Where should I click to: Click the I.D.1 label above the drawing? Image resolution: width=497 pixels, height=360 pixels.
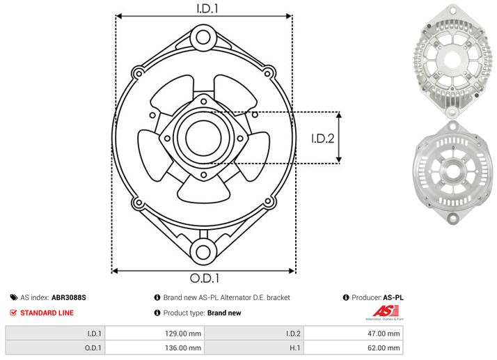point(207,8)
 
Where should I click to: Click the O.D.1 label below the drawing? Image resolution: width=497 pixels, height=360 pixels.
point(205,278)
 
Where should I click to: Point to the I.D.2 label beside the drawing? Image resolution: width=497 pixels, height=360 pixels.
point(323,139)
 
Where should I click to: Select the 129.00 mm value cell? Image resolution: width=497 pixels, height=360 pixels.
point(155,334)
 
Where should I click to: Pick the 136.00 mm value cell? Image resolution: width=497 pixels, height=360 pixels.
point(155,347)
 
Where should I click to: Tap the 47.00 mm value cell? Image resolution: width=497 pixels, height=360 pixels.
point(354,334)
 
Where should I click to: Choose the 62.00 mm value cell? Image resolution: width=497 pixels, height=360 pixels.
point(354,347)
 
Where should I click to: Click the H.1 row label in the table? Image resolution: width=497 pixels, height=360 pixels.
point(294,348)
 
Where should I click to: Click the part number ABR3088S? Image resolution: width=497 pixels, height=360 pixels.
point(69,297)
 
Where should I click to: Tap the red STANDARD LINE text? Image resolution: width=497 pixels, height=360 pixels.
point(47,313)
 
